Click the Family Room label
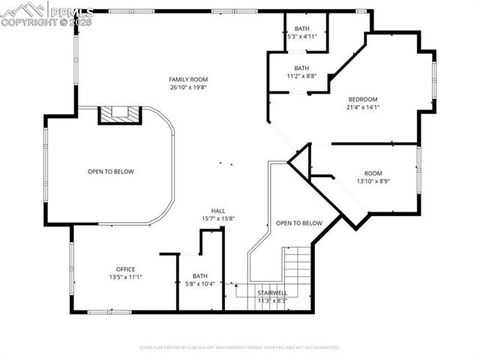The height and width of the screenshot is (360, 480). (187, 78)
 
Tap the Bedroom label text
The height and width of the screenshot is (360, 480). (363, 99)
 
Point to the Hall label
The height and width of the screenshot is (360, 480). (217, 210)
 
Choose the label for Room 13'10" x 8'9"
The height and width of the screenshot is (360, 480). (373, 173)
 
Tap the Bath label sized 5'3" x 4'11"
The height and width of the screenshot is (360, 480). (301, 28)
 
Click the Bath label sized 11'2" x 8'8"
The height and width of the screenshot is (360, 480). (301, 68)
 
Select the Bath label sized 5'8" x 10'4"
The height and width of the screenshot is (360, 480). (200, 276)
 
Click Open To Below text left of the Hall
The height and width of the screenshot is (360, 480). (110, 171)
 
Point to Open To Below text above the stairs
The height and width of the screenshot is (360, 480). (299, 223)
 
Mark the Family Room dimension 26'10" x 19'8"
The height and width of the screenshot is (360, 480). (187, 87)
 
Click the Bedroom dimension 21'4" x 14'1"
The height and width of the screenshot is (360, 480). (363, 107)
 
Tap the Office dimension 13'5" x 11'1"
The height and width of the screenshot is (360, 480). (126, 277)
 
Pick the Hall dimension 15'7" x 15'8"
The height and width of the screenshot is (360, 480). (217, 219)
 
